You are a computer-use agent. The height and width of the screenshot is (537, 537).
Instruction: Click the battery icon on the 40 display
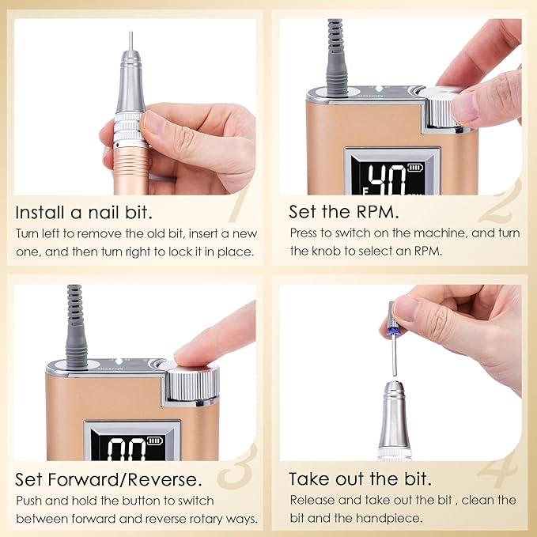[416, 168]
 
